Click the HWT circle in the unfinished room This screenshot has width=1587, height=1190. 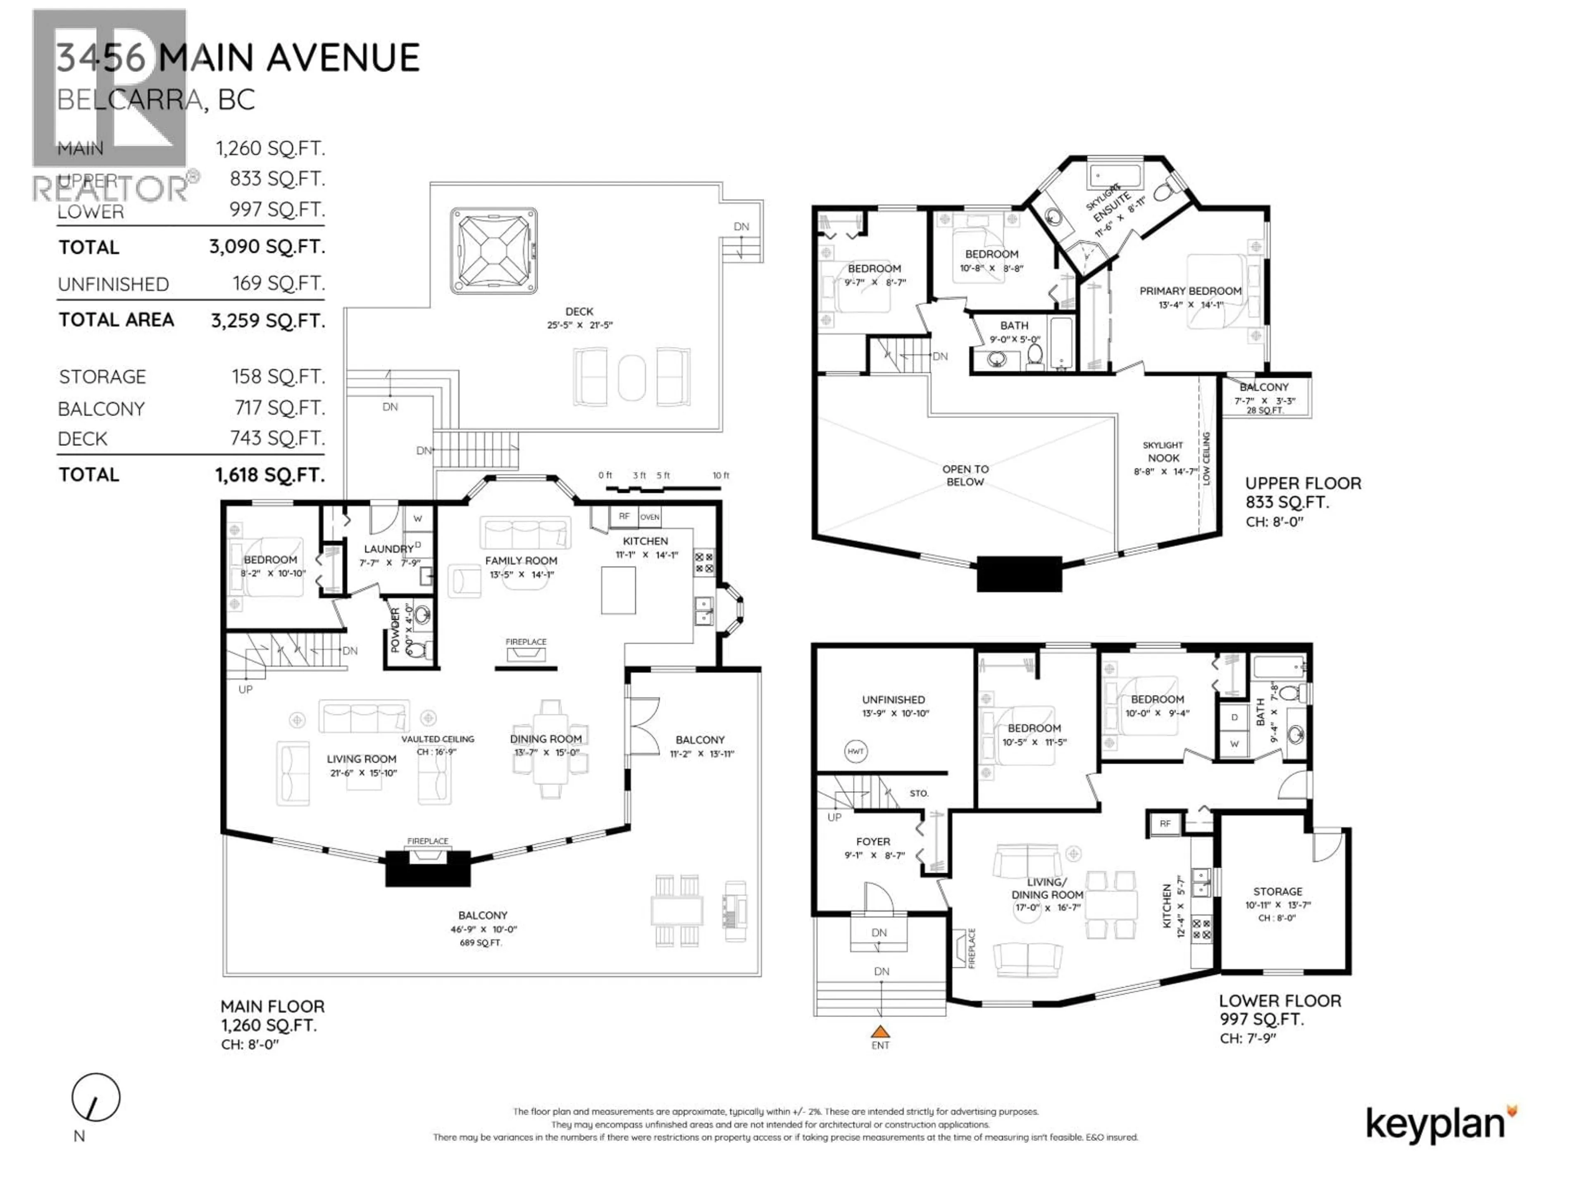[x=855, y=752]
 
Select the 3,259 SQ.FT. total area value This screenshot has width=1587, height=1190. [x=268, y=321]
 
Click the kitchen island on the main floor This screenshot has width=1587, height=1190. [x=618, y=590]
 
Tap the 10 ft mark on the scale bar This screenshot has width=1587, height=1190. [x=720, y=476]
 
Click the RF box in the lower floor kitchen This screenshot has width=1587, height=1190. [x=1165, y=823]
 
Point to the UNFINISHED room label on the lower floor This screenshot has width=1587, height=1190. [x=893, y=700]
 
